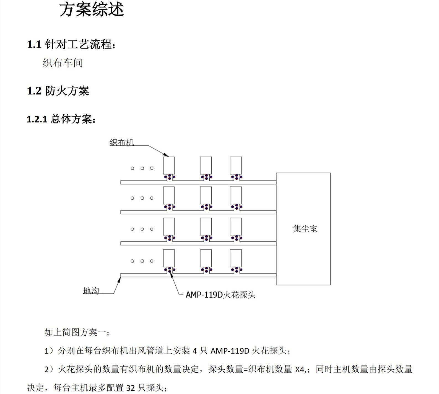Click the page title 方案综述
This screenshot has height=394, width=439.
point(92,9)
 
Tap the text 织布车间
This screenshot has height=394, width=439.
point(63,63)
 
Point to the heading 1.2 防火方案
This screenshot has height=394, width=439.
point(58,91)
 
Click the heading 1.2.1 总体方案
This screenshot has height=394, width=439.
point(61,119)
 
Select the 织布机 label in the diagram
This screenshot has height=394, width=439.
point(121,143)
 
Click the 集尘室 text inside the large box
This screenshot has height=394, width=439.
point(305,229)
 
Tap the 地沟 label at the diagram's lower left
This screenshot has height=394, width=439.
point(91,291)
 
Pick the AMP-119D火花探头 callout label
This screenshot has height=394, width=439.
point(220,295)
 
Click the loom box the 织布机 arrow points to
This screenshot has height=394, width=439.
point(169,165)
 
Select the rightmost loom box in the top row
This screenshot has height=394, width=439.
point(236,165)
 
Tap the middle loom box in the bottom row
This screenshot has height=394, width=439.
point(206,258)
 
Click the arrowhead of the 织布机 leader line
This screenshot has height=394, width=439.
point(167,155)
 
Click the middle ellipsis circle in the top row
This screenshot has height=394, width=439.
point(142,168)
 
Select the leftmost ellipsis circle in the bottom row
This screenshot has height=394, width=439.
point(133,261)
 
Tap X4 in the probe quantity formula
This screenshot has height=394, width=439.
point(300,369)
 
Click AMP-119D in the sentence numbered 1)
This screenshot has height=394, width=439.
point(230,351)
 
